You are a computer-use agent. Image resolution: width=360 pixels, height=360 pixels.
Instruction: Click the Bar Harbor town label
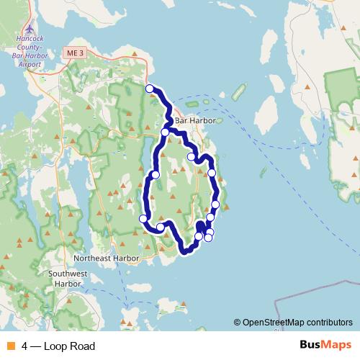tap(195, 120)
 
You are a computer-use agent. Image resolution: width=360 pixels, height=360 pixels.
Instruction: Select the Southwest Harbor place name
tap(68, 279)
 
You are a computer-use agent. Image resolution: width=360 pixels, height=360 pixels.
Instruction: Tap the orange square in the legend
tap(9, 346)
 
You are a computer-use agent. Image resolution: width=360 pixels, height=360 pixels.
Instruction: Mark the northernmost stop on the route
tap(150, 89)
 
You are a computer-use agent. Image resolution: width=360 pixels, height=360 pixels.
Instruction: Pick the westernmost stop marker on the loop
tap(143, 219)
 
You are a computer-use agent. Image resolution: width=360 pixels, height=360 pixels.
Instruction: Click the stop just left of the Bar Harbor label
tap(166, 132)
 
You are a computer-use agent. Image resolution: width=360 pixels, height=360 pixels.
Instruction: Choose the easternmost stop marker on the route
tap(215, 204)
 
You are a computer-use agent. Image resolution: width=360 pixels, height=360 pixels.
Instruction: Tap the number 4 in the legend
tap(24, 346)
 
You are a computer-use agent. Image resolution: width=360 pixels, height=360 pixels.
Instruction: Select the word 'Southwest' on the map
tap(68, 274)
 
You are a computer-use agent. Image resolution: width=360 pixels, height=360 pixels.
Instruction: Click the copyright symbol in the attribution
tap(238, 323)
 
